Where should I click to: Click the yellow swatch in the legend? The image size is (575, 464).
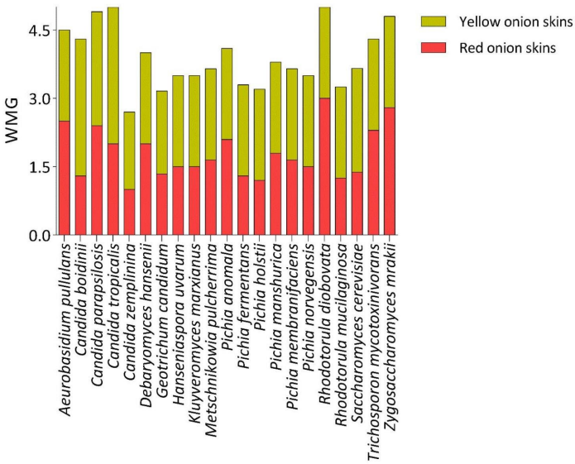434,21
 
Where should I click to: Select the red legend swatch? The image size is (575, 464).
434,48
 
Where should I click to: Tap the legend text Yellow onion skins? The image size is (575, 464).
506,21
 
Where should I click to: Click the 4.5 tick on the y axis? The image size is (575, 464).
39,31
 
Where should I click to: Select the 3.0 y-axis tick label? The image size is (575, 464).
39,98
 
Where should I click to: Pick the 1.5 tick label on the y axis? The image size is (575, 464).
39,167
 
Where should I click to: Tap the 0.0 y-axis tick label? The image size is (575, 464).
39,235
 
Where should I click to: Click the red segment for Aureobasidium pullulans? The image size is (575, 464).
65,178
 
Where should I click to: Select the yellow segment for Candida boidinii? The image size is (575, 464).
81,108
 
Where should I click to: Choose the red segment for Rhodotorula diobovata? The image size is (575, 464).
324,166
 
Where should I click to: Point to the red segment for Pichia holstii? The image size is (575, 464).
260,208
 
